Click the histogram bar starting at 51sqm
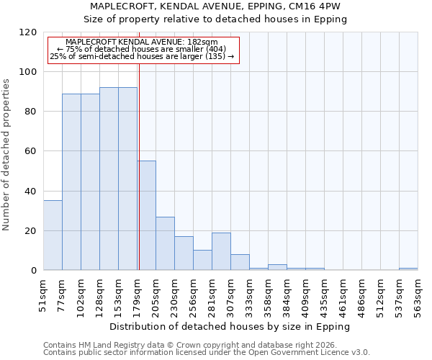(53, 235)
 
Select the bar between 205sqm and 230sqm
(165, 243)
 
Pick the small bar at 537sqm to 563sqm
(408, 269)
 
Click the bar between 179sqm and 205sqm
(146, 215)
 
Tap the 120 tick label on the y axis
(28, 32)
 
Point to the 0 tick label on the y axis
(34, 271)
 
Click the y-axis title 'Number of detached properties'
(7, 155)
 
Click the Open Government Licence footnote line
(207, 353)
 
